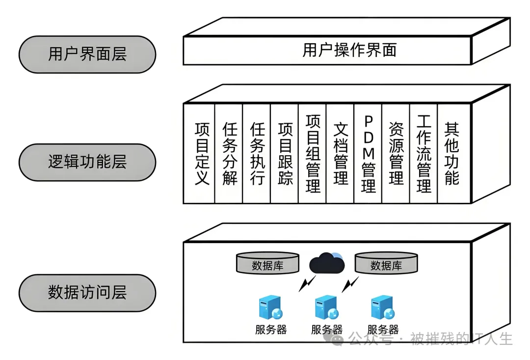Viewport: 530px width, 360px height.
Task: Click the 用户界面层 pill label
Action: pos(87,54)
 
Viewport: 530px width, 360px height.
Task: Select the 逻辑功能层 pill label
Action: pos(87,162)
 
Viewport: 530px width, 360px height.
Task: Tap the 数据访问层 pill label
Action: pos(87,293)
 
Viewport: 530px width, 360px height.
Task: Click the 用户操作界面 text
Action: pos(349,50)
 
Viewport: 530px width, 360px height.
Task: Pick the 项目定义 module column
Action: pos(202,153)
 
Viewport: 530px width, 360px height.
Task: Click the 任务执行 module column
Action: pos(257,153)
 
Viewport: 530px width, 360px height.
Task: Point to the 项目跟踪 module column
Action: pos(285,153)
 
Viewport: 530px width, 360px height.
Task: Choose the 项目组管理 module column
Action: pos(313,153)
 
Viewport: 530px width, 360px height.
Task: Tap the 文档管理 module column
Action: pos(341,153)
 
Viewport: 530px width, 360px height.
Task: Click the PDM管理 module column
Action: pos(368,153)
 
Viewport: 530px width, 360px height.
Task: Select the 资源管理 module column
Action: pos(396,153)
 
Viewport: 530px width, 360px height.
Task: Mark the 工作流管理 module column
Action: pos(424,153)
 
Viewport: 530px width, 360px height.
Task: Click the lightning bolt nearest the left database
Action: pos(308,283)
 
